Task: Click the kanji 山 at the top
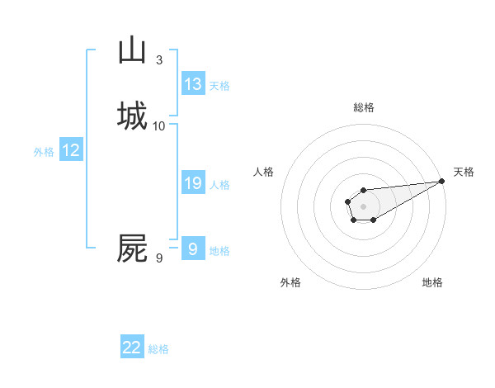132,50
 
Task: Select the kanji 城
132,116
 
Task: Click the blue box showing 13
193,84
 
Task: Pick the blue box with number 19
193,183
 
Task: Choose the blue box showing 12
71,150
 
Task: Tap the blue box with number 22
132,348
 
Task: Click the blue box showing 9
192,248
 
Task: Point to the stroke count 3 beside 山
159,60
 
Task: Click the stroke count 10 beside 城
159,126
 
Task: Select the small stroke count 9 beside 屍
159,258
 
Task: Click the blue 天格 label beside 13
219,86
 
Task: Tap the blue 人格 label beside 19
219,185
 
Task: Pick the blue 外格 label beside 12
44,152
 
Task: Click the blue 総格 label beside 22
158,349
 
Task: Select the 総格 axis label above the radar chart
363,107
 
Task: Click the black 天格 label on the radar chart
464,172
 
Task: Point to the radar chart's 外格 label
290,282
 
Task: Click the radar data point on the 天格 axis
442,181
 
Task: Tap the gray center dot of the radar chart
363,206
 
